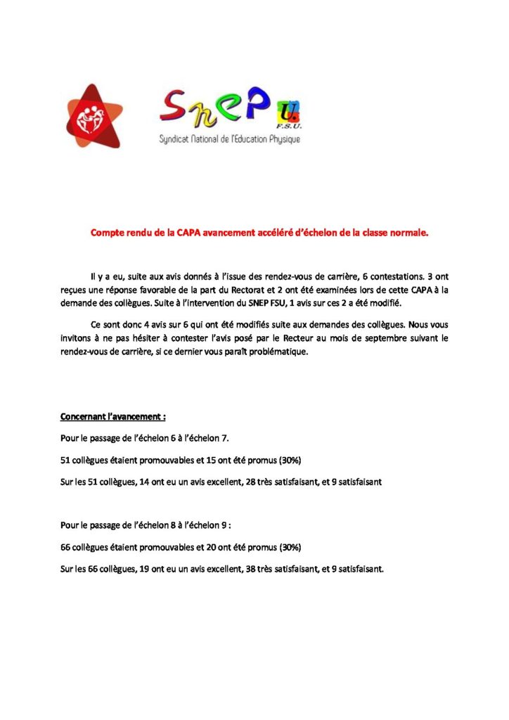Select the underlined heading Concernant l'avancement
coord(113,416)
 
